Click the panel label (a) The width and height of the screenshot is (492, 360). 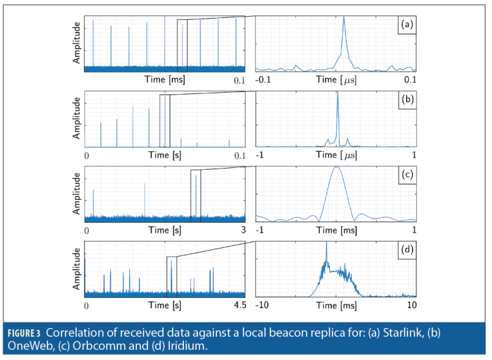(407, 25)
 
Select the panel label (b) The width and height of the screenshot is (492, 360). (407, 101)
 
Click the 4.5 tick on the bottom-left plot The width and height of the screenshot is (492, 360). (239, 306)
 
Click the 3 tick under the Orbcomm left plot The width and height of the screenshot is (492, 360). (243, 230)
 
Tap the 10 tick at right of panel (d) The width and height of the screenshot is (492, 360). (411, 306)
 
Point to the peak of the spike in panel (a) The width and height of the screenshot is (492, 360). (344, 17)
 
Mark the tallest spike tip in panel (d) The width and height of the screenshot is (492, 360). (327, 243)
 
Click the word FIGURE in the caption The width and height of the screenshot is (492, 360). (26, 333)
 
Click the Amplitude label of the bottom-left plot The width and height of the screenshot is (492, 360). (77, 270)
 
